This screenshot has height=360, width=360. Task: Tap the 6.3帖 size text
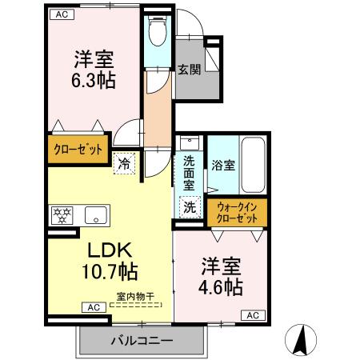94,82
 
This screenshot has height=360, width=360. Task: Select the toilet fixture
158,32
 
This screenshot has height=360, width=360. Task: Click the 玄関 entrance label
190,70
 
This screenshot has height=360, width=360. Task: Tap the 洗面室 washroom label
188,171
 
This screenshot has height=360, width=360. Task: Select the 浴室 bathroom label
223,166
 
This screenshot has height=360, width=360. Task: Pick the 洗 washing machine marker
190,207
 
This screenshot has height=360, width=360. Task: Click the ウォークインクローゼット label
237,213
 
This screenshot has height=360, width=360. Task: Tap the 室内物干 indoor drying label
135,297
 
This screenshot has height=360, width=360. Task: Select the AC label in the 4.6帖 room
252,316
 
